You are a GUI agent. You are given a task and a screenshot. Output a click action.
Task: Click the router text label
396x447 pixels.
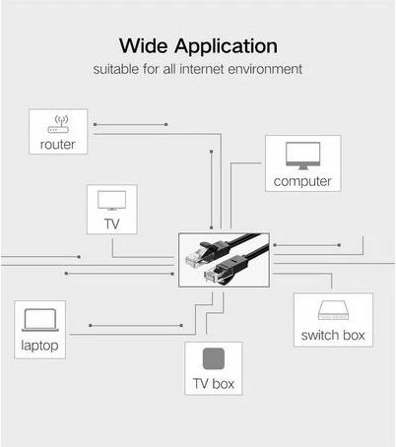pyautogui.click(x=58, y=145)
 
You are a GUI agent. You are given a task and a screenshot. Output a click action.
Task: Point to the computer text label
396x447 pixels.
pyautogui.click(x=302, y=181)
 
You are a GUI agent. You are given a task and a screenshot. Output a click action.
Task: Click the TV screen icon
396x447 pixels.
pyautogui.click(x=111, y=201)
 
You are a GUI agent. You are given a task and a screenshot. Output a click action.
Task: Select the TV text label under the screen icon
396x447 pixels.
pyautogui.click(x=111, y=223)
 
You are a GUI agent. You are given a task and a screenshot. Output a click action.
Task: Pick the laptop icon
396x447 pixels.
pyautogui.click(x=39, y=320)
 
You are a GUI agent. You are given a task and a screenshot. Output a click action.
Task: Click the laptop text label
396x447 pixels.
pyautogui.click(x=39, y=345)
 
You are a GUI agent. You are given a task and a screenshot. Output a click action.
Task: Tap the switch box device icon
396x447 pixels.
pyautogui.click(x=332, y=312)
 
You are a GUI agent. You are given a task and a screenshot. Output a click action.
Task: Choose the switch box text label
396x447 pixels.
pyautogui.click(x=332, y=336)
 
